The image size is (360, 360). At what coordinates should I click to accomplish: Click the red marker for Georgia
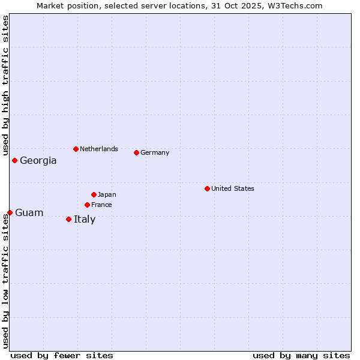pos(14,160)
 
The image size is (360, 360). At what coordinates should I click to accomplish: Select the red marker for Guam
pos(10,212)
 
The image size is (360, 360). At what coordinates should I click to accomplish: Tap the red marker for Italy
pos(68,219)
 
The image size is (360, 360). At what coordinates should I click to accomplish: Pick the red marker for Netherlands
pos(76,149)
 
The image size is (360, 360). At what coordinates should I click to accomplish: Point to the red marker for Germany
pos(136,152)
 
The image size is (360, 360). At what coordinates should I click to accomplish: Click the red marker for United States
pos(207,188)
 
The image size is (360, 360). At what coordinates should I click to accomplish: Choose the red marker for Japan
pos(94,194)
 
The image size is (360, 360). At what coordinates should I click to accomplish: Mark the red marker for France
pos(87,205)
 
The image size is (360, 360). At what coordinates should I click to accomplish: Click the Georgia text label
pos(38,161)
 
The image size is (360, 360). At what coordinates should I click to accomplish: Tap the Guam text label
pos(29,213)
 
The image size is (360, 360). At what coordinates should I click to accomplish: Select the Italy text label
pos(85,220)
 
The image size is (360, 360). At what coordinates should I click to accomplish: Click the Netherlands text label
pos(99,149)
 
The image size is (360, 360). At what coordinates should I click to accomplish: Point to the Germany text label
pos(155,152)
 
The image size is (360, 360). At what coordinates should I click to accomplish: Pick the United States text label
pos(233,188)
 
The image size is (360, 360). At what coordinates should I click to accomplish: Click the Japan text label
pos(107,194)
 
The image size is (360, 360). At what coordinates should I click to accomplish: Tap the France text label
pos(101,205)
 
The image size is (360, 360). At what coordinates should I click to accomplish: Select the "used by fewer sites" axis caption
pos(62,355)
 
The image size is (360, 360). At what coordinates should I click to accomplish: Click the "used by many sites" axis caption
pos(301,355)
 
